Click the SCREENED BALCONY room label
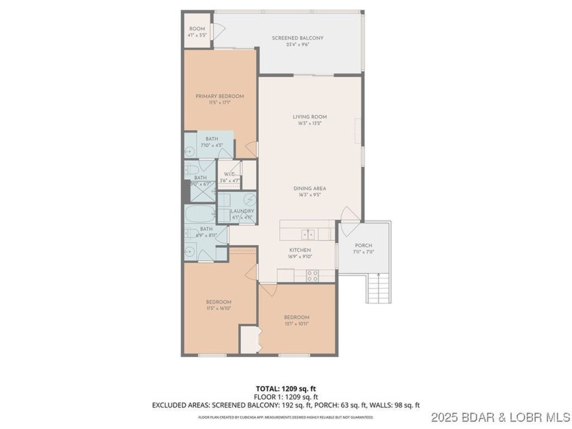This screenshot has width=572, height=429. pyautogui.click(x=297, y=38)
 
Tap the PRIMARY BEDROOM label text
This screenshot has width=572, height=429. pyautogui.click(x=219, y=96)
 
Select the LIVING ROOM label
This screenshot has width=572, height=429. pyautogui.click(x=306, y=117)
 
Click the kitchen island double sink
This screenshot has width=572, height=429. pyautogui.click(x=308, y=234)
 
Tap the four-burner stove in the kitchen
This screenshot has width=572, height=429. pyautogui.click(x=313, y=276)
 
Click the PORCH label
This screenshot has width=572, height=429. pyautogui.click(x=364, y=246)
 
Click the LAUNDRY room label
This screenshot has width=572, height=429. pyautogui.click(x=242, y=211)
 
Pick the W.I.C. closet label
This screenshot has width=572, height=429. pyautogui.click(x=229, y=174)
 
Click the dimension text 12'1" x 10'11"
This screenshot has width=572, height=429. pyautogui.click(x=296, y=323)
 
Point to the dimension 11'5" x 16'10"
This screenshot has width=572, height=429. pyautogui.click(x=219, y=308)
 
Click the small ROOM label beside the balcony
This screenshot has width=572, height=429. pyautogui.click(x=197, y=29)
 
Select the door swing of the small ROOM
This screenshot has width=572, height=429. pyautogui.click(x=219, y=31)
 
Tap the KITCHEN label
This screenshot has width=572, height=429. pyautogui.click(x=300, y=250)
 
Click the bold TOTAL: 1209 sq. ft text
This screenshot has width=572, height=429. pyautogui.click(x=285, y=389)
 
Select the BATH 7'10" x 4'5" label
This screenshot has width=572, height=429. pyautogui.click(x=212, y=139)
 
